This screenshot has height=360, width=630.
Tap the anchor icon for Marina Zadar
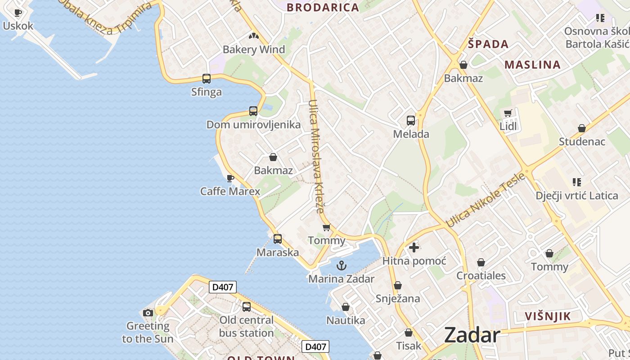click(342, 265)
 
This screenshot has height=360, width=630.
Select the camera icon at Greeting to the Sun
click(148, 313)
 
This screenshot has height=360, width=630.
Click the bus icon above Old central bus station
click(247, 307)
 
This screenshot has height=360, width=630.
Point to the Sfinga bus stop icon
click(207, 79)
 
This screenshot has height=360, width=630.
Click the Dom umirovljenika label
click(253, 125)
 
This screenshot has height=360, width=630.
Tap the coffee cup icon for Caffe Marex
click(230, 178)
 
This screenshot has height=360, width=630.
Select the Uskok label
click(18, 26)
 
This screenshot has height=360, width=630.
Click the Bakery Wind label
click(254, 49)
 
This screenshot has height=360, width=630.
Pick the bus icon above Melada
click(411, 121)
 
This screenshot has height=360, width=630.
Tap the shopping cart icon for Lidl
click(508, 113)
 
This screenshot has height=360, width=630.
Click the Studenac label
click(582, 142)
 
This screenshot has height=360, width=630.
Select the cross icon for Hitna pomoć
click(414, 247)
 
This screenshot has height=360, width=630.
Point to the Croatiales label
click(481, 275)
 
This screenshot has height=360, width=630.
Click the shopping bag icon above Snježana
click(397, 285)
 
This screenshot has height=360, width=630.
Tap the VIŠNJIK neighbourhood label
click(548, 316)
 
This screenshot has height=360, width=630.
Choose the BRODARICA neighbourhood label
click(323, 7)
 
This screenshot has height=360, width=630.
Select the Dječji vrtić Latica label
click(576, 195)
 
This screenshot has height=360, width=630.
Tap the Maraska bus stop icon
click(278, 239)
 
